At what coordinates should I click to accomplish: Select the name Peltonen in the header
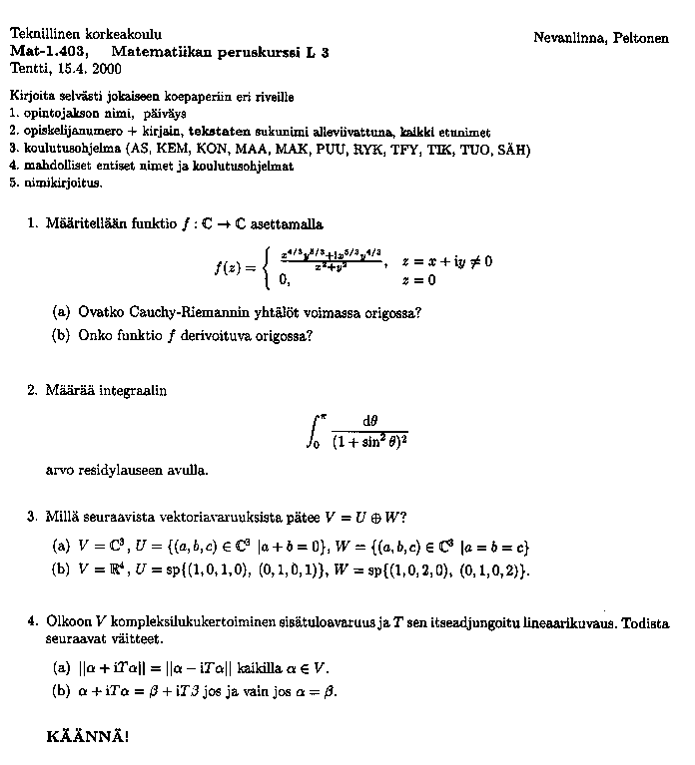pyautogui.click(x=638, y=37)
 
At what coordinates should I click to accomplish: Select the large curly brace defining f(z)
pyautogui.click(x=263, y=267)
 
